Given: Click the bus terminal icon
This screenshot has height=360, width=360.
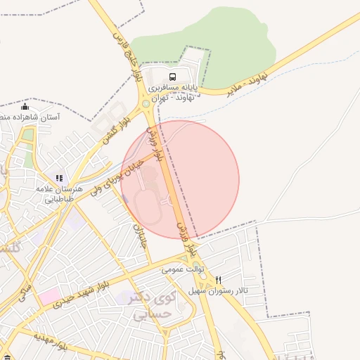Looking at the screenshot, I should click(172, 77).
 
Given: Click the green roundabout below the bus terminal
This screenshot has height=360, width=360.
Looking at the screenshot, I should click(146, 104).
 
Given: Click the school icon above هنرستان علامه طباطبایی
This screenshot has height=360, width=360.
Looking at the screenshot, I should click(60, 179).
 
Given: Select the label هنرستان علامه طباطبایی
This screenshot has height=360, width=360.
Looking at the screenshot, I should click(62, 194).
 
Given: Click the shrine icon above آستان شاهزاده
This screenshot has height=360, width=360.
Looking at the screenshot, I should click(25, 107).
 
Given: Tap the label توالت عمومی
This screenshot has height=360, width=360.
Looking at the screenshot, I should click(183, 269).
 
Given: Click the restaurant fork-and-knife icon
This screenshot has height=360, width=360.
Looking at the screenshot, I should click(218, 279).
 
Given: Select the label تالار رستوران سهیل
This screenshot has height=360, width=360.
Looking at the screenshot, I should click(218, 290).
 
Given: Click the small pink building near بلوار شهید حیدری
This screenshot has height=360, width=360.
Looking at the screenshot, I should click(49, 297).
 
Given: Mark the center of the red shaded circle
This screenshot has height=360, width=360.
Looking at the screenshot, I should click(180, 179).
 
